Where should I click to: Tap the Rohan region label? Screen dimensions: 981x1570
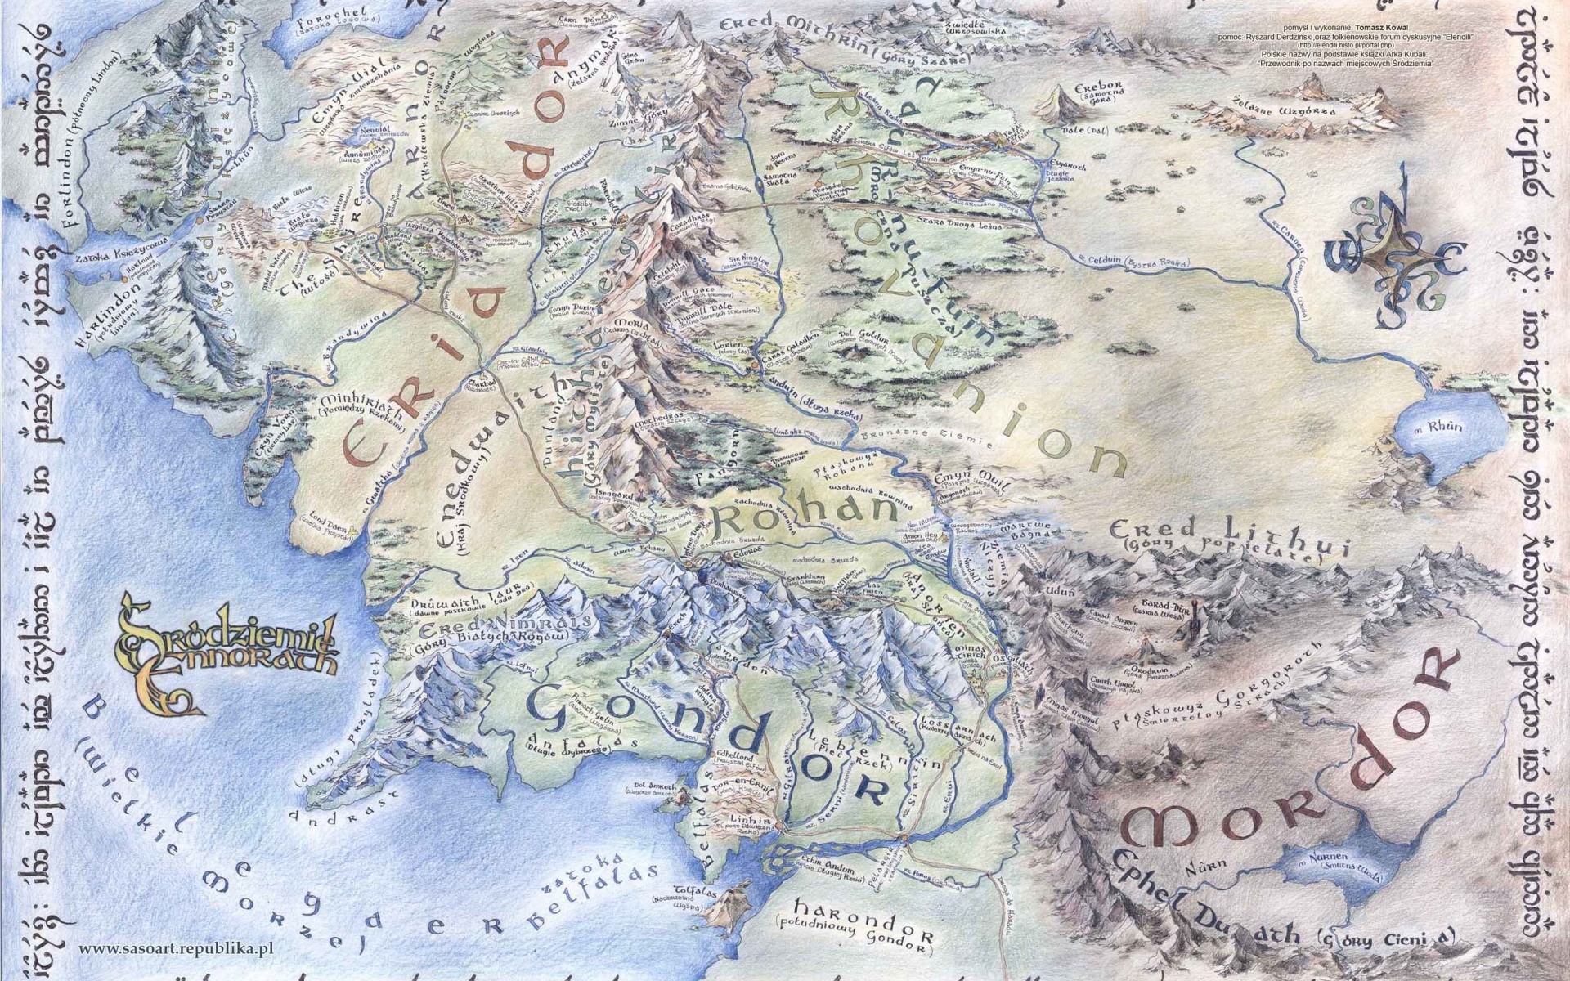coord(796,513)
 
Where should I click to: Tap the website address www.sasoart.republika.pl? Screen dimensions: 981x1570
coord(175,948)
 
